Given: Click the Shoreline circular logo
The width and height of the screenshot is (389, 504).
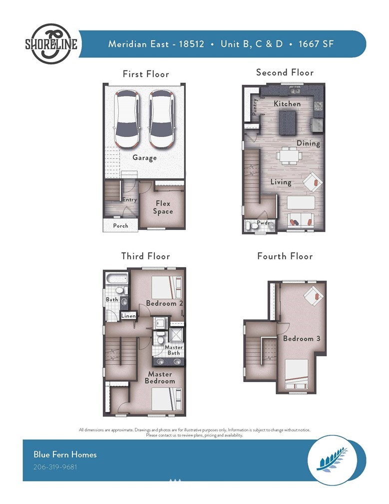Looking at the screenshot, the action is click(51, 43).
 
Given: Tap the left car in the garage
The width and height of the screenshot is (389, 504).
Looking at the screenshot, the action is click(127, 119).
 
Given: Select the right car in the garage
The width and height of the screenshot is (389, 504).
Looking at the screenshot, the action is click(162, 119).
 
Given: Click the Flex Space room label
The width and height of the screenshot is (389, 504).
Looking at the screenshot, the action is click(163, 207).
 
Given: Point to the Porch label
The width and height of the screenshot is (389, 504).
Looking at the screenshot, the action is click(121, 225).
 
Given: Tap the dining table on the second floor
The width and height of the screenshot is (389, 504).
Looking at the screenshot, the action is click(289, 156).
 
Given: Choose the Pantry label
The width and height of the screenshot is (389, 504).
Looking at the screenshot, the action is click(255, 106).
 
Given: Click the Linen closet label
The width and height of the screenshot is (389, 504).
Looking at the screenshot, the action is click(128, 316).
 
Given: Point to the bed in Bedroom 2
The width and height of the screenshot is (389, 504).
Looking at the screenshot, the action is click(167, 287).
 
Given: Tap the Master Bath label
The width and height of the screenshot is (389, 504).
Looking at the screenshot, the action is click(174, 350).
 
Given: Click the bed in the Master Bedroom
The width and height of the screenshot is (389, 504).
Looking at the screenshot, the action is click(167, 399).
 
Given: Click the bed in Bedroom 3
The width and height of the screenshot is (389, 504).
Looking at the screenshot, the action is click(296, 374).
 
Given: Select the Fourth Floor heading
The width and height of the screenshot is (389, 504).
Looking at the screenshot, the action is click(285, 256).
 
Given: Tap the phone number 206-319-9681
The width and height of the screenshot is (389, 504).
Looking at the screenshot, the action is click(55, 466).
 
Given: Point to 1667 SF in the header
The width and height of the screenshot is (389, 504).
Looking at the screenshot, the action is click(316, 43).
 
